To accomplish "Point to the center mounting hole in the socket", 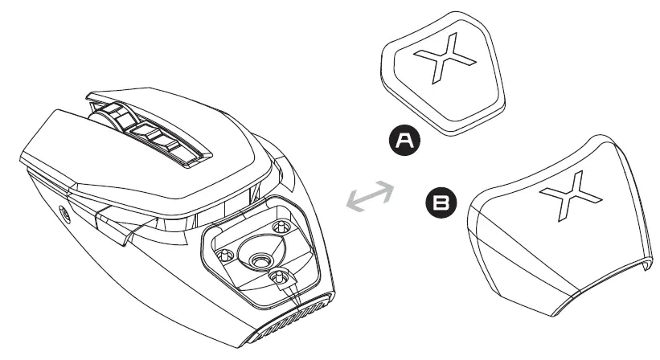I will click(259, 260).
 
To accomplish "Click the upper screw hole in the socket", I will click(281, 227).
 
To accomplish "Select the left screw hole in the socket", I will click(226, 256).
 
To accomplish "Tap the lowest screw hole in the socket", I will click(279, 277).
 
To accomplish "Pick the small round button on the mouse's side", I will click(62, 214).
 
